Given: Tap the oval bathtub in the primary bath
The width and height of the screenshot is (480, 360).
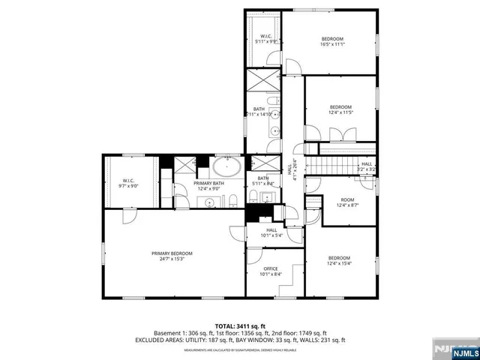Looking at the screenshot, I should click(x=226, y=166).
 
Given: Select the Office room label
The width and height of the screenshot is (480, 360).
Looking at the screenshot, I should click(x=271, y=271).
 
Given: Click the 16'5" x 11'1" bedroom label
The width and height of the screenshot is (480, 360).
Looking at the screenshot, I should click(x=332, y=42).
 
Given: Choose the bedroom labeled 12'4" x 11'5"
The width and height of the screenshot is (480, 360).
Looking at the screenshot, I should click(x=340, y=110).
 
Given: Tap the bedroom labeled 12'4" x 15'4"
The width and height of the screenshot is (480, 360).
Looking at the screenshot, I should click(x=339, y=260).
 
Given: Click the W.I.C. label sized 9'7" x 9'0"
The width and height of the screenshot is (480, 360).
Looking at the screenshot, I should click(x=128, y=183).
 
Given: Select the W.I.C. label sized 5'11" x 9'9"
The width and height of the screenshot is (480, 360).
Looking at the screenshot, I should click(x=266, y=39).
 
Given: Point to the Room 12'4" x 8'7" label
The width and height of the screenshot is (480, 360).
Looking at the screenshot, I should click(x=347, y=202).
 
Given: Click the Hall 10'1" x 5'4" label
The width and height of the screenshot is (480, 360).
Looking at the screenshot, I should click(x=271, y=232).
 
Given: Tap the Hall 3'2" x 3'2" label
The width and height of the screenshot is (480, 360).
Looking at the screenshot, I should click(x=367, y=166).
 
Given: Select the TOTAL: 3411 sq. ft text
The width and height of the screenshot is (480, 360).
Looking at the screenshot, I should click(x=240, y=325).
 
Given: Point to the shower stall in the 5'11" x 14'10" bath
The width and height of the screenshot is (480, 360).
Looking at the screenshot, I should click(x=263, y=79).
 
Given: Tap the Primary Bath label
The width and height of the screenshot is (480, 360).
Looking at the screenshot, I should click(x=209, y=186).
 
